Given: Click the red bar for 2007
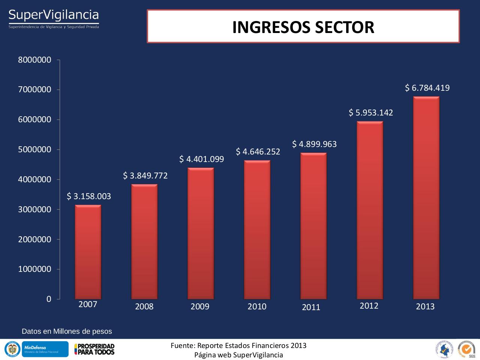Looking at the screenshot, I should click(88, 252).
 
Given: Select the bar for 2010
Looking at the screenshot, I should click(257, 229).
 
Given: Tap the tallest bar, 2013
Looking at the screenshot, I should click(426, 198).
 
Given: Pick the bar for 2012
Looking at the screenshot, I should click(370, 210).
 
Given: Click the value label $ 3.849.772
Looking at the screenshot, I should click(145, 175).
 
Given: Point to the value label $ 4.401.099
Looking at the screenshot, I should click(201, 159).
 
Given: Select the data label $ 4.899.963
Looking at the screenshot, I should click(314, 144).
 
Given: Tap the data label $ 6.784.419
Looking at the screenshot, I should click(427, 88).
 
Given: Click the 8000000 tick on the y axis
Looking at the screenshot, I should click(34, 60).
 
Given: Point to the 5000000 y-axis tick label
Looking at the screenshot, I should click(34, 150).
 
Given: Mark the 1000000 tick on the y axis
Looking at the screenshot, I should click(34, 269).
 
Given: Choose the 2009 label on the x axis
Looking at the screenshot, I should click(200, 307).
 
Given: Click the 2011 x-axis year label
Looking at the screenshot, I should click(311, 307).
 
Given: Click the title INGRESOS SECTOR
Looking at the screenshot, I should click(303, 27).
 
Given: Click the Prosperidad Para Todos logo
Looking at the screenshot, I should click(94, 349).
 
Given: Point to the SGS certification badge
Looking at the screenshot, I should click(466, 349).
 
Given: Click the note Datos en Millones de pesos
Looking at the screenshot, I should click(67, 331).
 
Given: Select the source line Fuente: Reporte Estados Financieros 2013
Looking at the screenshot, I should click(238, 345).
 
